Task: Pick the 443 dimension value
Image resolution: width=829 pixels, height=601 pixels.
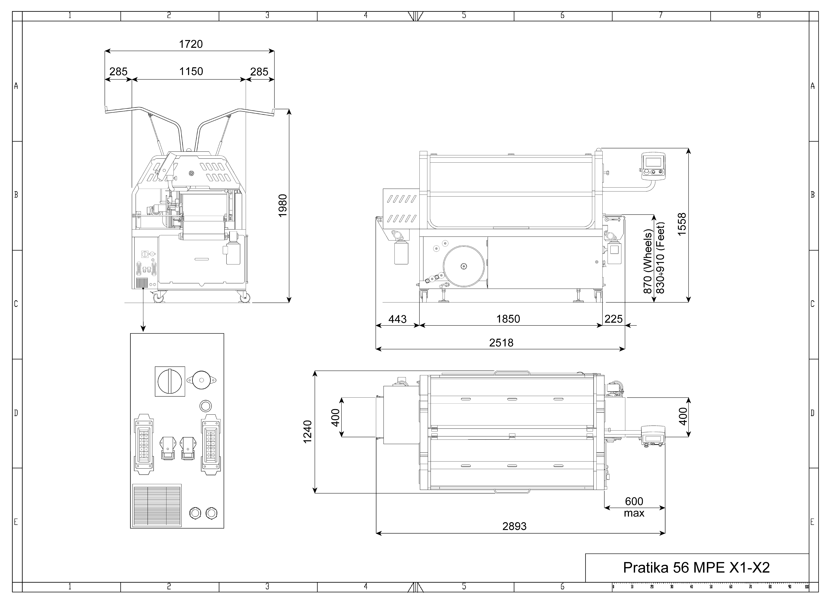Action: (397, 319)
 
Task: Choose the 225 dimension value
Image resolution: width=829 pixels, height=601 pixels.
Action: (613, 319)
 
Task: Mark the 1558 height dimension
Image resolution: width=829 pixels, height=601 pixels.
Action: (682, 224)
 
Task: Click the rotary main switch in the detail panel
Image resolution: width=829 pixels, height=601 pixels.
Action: (170, 381)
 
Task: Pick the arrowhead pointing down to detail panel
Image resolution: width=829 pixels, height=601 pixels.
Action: (143, 329)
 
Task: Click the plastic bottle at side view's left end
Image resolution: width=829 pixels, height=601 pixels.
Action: (401, 252)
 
